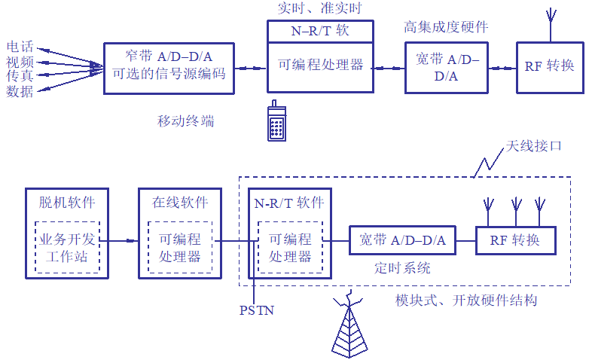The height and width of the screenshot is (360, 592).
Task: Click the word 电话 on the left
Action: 20,47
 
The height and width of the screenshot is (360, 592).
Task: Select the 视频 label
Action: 20,62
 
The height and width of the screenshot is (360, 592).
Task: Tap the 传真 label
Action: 20,77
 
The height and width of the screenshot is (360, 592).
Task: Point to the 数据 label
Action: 20,92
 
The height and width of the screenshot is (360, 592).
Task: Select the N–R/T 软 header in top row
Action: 320,31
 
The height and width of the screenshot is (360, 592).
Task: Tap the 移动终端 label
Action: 185,121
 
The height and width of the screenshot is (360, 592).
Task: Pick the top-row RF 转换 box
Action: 550,66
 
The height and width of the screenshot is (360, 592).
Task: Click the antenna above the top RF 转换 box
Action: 551,25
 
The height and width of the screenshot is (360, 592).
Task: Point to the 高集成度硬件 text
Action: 446,26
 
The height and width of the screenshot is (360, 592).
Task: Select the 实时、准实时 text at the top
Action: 320,8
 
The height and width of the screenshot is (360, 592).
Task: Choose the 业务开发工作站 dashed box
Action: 67,248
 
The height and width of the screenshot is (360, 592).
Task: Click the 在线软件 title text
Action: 181,203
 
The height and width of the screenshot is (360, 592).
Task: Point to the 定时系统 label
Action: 402,267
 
